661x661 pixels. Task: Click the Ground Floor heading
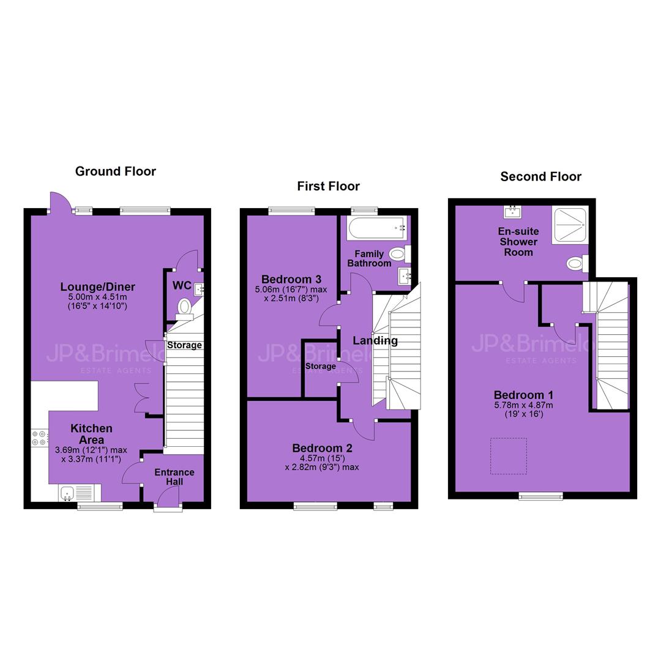point(116,171)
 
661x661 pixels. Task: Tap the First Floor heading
point(329,186)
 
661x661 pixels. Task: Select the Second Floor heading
point(541,176)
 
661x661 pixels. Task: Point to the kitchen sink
point(80,493)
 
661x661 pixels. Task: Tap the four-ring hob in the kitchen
point(39,438)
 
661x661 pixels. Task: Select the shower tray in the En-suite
point(570,225)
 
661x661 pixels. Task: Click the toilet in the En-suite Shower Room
point(577,264)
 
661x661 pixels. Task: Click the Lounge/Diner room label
point(98,286)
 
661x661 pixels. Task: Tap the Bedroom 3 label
point(291,279)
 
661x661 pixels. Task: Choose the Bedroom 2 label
point(322,448)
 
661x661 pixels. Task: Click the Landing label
point(375,341)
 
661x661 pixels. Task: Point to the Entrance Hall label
point(174,477)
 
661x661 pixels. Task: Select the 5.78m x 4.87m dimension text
point(523,405)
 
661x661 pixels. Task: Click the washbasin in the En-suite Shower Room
point(513,212)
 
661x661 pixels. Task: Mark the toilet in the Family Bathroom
point(399,254)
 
